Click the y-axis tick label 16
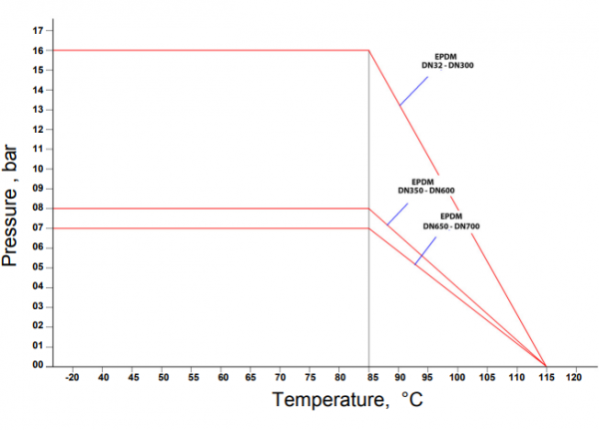[37, 50]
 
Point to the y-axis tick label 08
[37, 208]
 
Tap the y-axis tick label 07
[37, 227]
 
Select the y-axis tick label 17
[37, 30]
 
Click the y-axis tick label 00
[37, 365]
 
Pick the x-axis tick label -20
[72, 379]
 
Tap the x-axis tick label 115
[545, 379]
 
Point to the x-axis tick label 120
[574, 379]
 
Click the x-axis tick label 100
[457, 379]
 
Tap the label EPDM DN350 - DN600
[426, 186]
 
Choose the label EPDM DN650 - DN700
[451, 221]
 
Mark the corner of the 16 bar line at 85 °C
[368, 50]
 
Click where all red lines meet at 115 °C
[545, 365]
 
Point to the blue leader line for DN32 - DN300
[413, 89]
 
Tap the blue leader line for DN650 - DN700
[426, 249]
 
